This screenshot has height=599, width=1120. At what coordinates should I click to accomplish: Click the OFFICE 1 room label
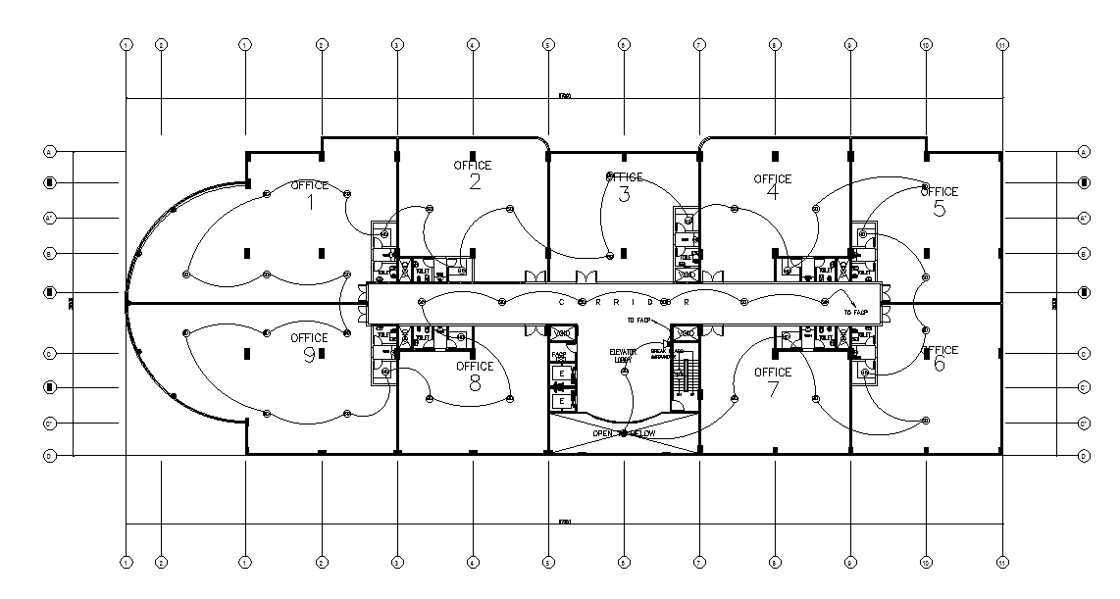pos(310,195)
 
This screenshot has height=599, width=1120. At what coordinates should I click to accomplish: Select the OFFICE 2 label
pos(473,174)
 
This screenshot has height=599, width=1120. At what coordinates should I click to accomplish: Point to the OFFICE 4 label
pos(772,186)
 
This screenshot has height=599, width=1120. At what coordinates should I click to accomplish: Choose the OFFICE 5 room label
pos(939,200)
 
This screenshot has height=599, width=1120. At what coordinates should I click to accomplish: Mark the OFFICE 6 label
pos(939,358)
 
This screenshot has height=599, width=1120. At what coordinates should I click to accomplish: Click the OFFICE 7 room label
pos(773,381)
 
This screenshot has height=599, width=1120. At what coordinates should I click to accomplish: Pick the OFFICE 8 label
pos(475,375)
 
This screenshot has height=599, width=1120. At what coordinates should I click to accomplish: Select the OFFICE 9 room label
pos(309,347)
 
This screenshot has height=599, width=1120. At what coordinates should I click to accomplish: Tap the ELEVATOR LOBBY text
pos(623,355)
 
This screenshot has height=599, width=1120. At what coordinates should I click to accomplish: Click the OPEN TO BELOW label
pos(624,433)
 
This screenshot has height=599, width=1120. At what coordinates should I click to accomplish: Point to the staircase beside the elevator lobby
pos(685,376)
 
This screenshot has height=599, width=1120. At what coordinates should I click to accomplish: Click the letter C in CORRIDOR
pos(561,302)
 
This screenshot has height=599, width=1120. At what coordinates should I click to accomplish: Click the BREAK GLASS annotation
pos(660,354)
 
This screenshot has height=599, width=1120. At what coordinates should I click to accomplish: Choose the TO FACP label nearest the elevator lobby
pos(637,320)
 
